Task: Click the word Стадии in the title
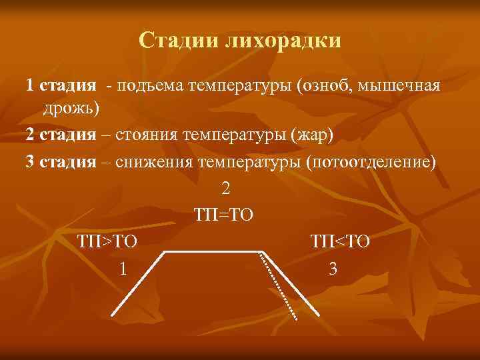pyautogui.click(x=179, y=41)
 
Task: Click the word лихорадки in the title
pyautogui.click(x=284, y=41)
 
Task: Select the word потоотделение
pyautogui.click(x=370, y=163)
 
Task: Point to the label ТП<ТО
pyautogui.click(x=339, y=241)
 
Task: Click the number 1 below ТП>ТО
pyautogui.click(x=121, y=269)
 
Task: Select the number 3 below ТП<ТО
pyautogui.click(x=333, y=269)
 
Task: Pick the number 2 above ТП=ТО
pyautogui.click(x=225, y=189)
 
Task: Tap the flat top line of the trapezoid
pyautogui.click(x=212, y=252)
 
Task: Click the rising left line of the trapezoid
pyautogui.click(x=137, y=283)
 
